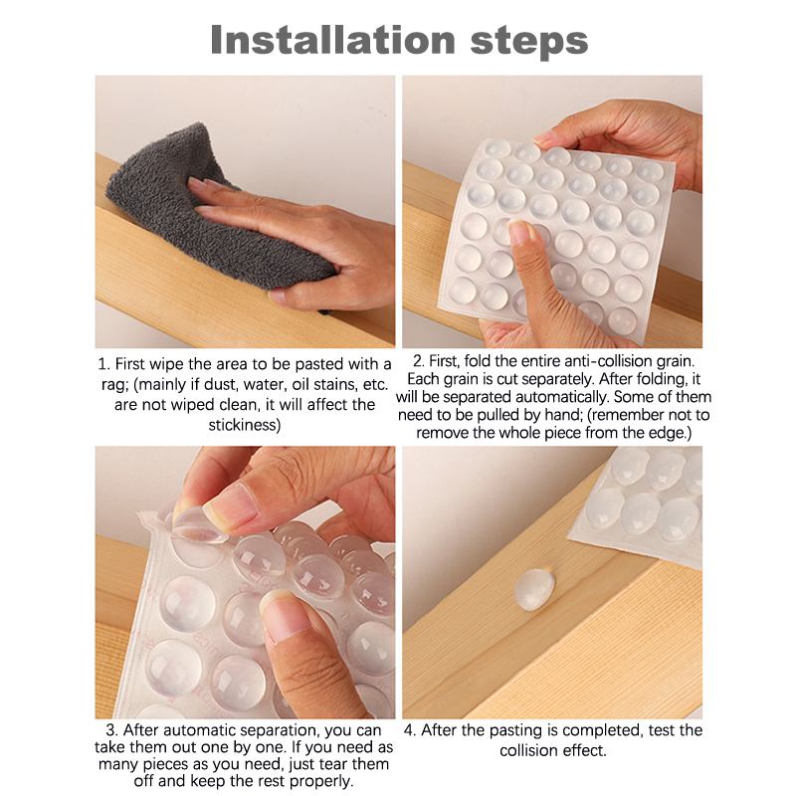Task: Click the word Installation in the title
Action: [x=332, y=40]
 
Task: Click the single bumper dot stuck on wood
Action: [x=534, y=589]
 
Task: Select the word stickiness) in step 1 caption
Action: [x=245, y=425]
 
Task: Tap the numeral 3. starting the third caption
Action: [x=111, y=730]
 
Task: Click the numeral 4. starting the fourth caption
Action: [x=410, y=730]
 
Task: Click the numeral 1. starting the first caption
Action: [x=104, y=364]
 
